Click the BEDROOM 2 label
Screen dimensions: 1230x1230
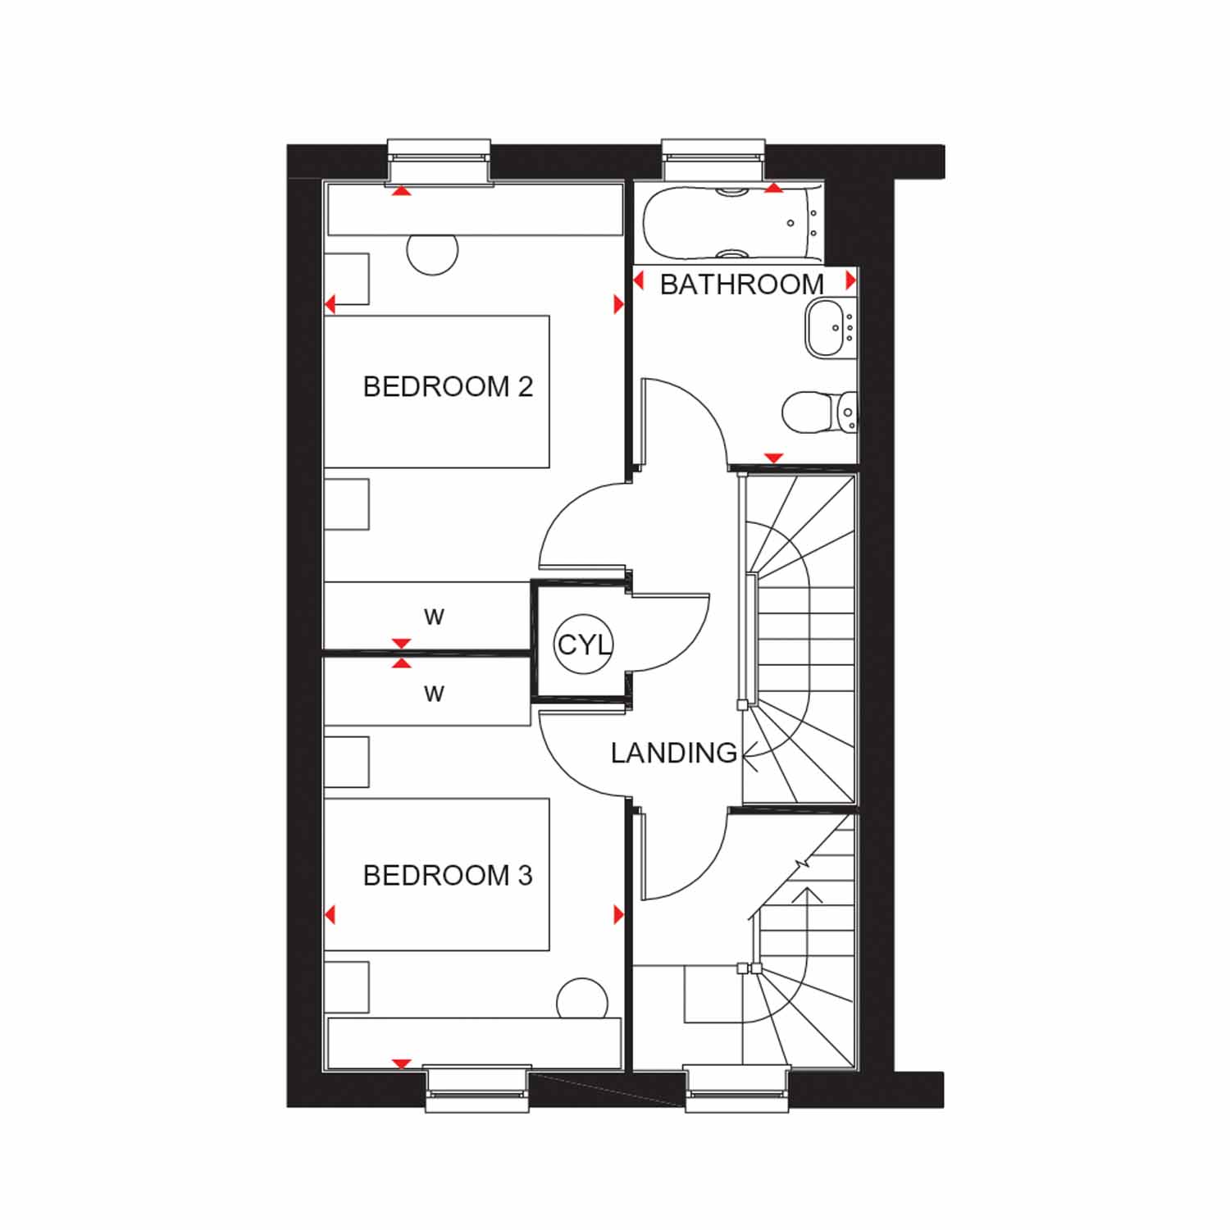(448, 386)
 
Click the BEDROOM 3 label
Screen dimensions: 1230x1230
(448, 876)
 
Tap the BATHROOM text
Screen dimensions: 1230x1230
(741, 285)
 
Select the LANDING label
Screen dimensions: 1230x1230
(674, 753)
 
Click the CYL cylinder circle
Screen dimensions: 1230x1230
(584, 645)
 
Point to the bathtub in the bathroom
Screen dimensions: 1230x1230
(732, 221)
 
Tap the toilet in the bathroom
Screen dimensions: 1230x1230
(820, 412)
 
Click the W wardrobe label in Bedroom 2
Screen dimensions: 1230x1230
(434, 617)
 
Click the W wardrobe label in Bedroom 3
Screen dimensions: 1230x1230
(434, 695)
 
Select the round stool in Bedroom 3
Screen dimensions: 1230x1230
(583, 1000)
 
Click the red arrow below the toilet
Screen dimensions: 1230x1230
(773, 458)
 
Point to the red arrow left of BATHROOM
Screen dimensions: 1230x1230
(639, 280)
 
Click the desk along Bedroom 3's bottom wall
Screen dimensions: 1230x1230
(474, 1043)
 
